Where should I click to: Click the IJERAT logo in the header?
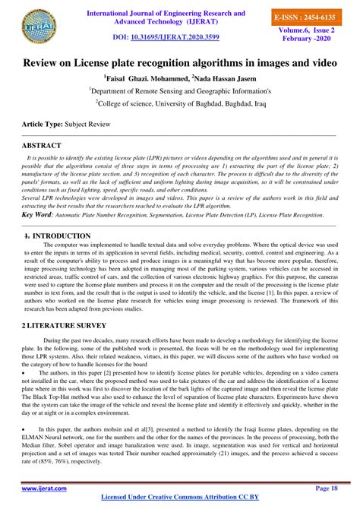pos(39,23)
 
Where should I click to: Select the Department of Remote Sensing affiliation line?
pos(179,90)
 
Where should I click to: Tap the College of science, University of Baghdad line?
pos(179,103)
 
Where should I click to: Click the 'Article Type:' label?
pos(43,122)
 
